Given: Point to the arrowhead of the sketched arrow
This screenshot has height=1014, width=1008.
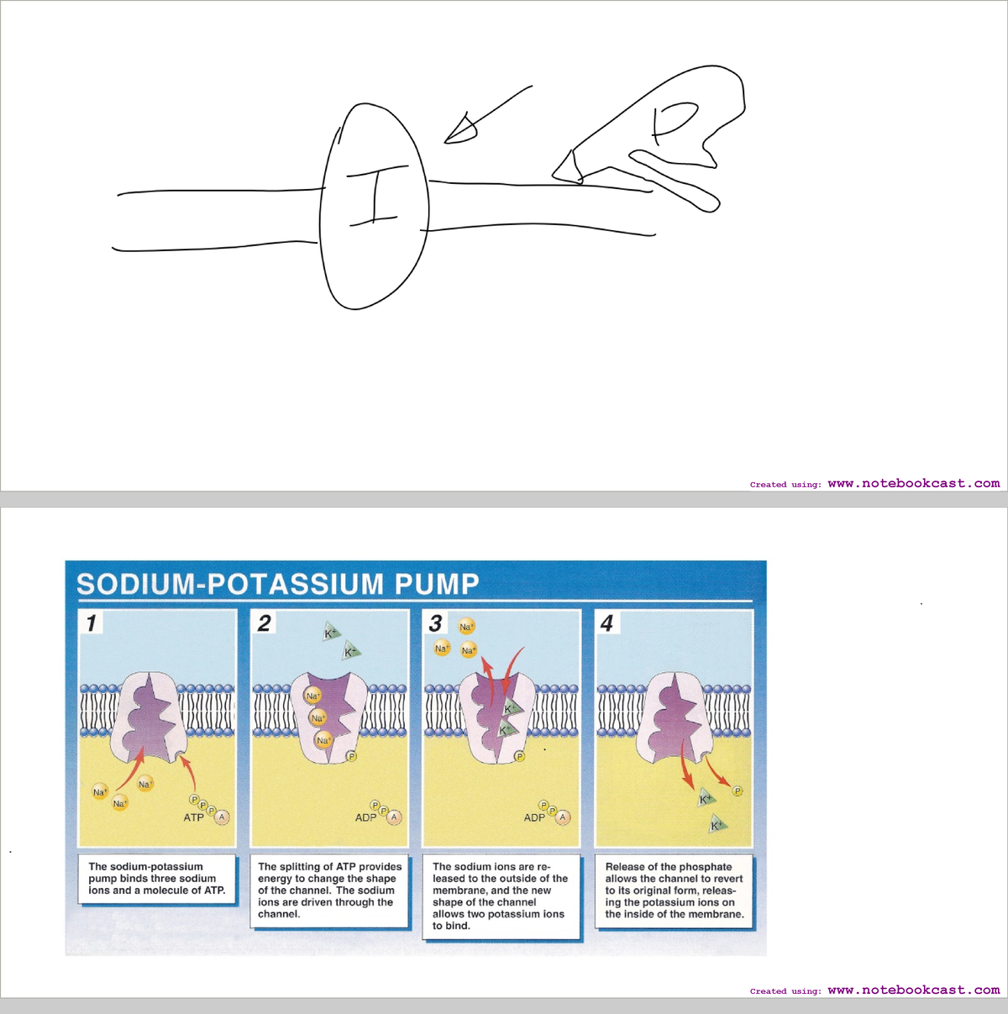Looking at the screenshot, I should [458, 130].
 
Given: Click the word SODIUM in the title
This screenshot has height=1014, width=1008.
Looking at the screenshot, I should [135, 584].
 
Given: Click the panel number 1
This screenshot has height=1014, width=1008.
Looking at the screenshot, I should [91, 623].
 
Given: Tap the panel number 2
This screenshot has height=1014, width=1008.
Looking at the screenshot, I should [264, 623].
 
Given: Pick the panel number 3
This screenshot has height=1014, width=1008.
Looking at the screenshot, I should [435, 623].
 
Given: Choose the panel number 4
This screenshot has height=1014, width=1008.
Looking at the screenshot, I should [607, 623].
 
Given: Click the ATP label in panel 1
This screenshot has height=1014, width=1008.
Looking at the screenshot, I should [193, 817].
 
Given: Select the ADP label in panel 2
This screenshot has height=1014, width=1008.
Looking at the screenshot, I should [365, 817].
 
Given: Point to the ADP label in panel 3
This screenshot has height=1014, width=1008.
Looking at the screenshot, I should [534, 817].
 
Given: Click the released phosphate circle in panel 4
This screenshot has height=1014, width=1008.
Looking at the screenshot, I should [738, 791].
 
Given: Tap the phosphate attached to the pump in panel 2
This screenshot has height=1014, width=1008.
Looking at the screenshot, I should [351, 756].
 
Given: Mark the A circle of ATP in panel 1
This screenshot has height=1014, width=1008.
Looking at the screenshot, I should [222, 817].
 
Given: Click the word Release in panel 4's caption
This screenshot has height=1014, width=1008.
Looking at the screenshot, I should [625, 867].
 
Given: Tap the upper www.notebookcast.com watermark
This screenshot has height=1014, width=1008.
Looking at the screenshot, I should [914, 483].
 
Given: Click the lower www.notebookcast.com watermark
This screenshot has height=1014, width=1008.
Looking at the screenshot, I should [914, 990].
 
